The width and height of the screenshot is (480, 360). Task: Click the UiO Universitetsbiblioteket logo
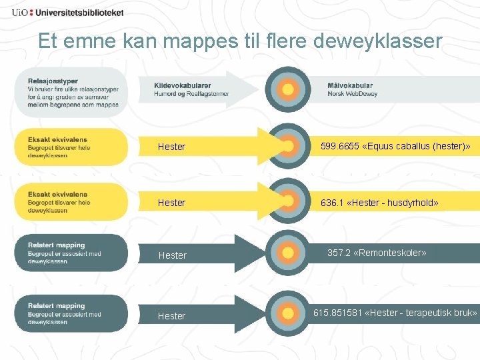click(x=67, y=12)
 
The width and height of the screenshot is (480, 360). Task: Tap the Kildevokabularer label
click(x=183, y=85)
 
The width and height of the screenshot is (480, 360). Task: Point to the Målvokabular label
click(x=350, y=85)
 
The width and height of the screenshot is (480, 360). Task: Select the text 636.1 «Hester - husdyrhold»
click(x=379, y=202)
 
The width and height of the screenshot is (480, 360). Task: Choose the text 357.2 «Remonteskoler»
click(x=377, y=253)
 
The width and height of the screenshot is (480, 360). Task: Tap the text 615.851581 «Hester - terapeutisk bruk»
click(x=395, y=312)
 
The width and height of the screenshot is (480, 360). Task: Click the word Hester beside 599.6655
click(x=171, y=147)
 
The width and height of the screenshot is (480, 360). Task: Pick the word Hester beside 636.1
click(x=171, y=202)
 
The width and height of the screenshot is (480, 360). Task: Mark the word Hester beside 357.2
click(x=171, y=255)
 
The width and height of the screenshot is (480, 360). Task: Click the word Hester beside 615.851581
click(x=171, y=316)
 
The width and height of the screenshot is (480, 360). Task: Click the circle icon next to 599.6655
click(x=288, y=146)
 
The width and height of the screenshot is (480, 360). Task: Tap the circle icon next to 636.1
click(x=288, y=201)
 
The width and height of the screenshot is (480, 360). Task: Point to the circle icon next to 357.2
click(x=288, y=253)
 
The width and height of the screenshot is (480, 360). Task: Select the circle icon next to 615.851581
click(x=288, y=312)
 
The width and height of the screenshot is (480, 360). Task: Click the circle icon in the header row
click(x=288, y=89)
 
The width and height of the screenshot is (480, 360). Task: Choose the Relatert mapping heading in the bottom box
click(x=56, y=307)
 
